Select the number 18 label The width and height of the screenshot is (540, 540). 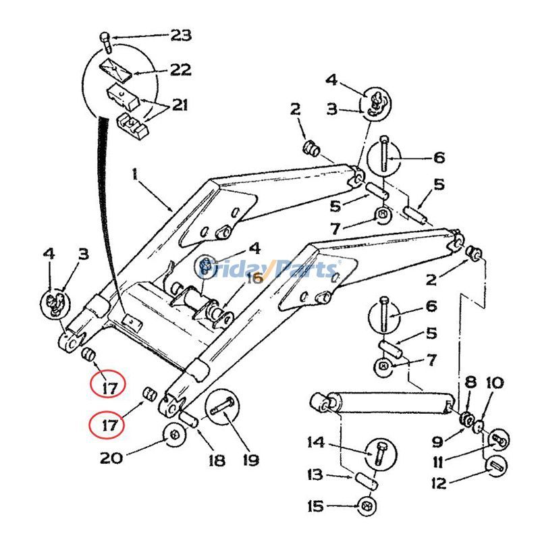click(216, 460)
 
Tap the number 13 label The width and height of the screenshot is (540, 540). click(315, 475)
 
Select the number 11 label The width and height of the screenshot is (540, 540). click(438, 462)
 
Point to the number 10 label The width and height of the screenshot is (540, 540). click(493, 383)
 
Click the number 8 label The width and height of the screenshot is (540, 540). click(470, 383)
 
